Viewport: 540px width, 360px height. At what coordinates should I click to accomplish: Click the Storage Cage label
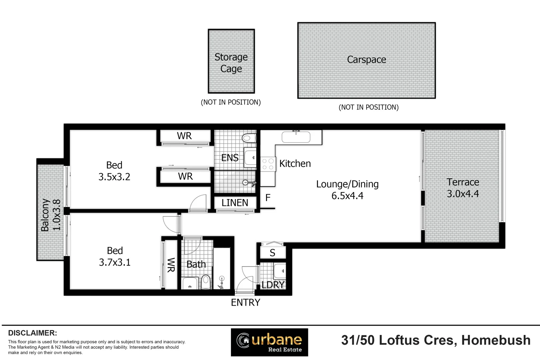click(231, 63)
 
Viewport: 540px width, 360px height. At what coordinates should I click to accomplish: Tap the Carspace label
click(366, 60)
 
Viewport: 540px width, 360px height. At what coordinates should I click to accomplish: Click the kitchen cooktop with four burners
click(268, 164)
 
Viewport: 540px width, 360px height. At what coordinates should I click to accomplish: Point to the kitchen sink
click(296, 137)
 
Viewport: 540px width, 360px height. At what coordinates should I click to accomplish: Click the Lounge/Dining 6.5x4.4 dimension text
click(347, 196)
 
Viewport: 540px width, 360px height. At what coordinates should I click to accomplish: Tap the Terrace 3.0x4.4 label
click(463, 188)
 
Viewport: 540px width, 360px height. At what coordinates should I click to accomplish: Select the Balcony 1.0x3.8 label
click(51, 215)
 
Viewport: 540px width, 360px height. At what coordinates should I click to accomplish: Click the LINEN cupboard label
click(235, 203)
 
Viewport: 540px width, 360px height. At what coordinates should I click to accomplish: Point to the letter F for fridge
click(268, 198)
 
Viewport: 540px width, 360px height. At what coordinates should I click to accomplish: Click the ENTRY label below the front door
click(245, 302)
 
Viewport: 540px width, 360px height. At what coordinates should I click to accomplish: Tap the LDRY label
click(273, 285)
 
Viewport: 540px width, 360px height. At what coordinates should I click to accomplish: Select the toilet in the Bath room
click(206, 282)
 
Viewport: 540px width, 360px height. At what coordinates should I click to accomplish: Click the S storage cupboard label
click(272, 253)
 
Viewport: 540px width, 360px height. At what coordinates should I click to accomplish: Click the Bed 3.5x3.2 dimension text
click(114, 177)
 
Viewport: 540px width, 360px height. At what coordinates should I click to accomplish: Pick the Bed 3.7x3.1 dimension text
click(115, 262)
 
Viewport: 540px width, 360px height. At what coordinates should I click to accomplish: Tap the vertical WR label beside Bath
click(171, 265)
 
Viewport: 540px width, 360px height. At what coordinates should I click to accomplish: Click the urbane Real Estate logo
click(269, 342)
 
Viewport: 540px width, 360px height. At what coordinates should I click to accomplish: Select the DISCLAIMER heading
click(32, 333)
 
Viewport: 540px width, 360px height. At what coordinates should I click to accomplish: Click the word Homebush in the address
click(496, 340)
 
